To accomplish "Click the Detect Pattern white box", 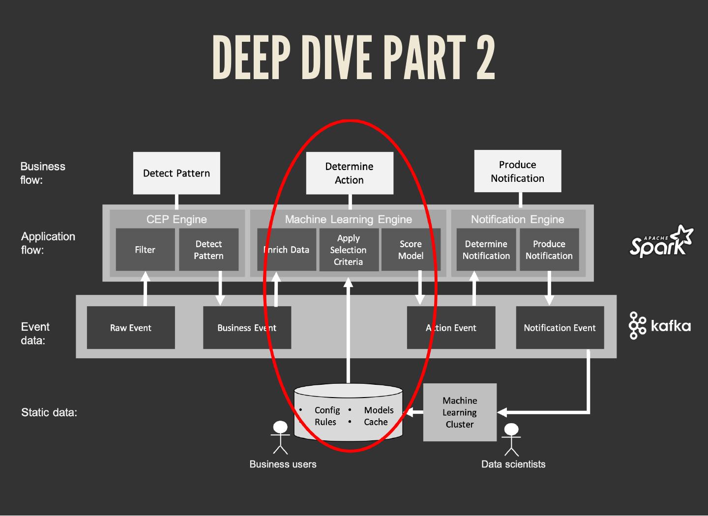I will (177, 173).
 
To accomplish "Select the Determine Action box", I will (350, 173).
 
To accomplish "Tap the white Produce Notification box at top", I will (517, 171).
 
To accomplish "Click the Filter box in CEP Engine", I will (145, 250).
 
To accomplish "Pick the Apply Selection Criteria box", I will (349, 250).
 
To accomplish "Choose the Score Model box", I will (411, 250).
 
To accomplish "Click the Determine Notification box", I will (486, 250).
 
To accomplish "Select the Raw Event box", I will (131, 328).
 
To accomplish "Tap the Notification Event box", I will (560, 328).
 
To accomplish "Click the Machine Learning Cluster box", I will (460, 412).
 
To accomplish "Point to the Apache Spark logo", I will (661, 242).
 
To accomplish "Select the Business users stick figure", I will (280, 437).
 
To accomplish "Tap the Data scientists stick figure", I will (511, 439).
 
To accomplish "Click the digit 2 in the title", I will (485, 57).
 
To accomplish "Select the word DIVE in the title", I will (337, 57).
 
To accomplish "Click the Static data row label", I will (49, 412).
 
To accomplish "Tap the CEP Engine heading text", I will (177, 219).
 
